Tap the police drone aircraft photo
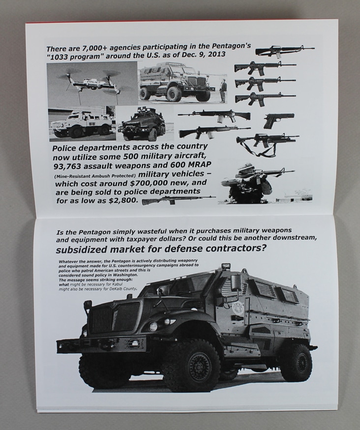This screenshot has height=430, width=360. [x=92, y=84]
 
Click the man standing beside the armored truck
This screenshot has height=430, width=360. [x=224, y=90]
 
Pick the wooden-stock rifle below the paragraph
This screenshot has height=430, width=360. [x=179, y=200]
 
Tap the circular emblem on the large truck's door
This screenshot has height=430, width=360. [x=239, y=308]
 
